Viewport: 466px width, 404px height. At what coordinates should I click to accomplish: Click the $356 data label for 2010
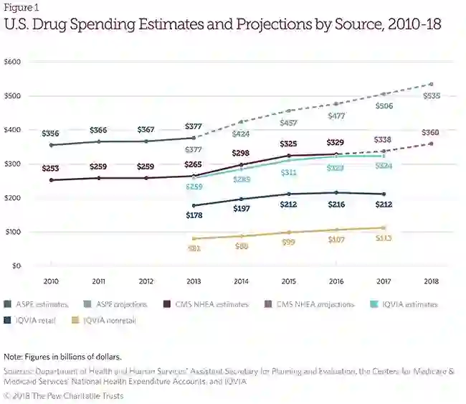tap(50, 133)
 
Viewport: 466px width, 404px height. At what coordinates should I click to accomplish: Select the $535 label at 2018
tap(432, 95)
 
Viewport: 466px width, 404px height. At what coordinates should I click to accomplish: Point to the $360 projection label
tap(430, 133)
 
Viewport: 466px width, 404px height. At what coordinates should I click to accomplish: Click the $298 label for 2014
tap(242, 154)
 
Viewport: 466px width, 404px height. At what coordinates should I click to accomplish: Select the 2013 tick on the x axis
tap(194, 280)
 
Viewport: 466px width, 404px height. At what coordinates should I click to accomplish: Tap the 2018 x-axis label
tap(432, 280)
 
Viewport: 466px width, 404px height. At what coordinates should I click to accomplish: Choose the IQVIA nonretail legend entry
tap(107, 320)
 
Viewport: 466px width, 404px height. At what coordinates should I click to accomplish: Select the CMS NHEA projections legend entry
tap(308, 304)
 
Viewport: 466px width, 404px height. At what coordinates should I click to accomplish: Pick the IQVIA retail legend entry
tap(37, 320)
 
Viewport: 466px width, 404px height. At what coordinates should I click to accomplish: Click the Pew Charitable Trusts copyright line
tap(63, 396)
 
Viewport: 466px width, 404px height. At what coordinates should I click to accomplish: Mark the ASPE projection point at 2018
tap(432, 84)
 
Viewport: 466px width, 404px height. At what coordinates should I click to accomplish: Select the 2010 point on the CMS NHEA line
tap(50, 180)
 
